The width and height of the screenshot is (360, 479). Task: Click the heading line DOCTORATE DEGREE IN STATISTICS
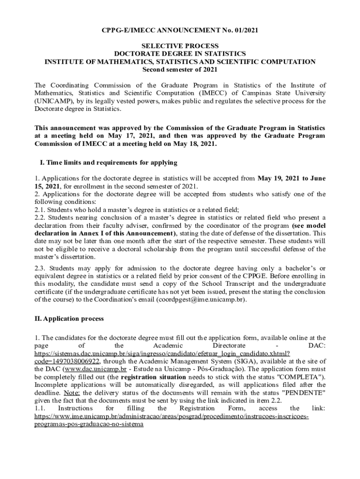pos(180,54)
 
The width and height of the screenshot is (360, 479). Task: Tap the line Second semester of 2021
pos(180,70)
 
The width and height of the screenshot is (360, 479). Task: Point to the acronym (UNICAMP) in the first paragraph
pos(54,101)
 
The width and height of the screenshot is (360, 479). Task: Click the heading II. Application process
pos(69,319)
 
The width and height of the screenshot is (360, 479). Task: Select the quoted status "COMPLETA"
pos(300,377)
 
